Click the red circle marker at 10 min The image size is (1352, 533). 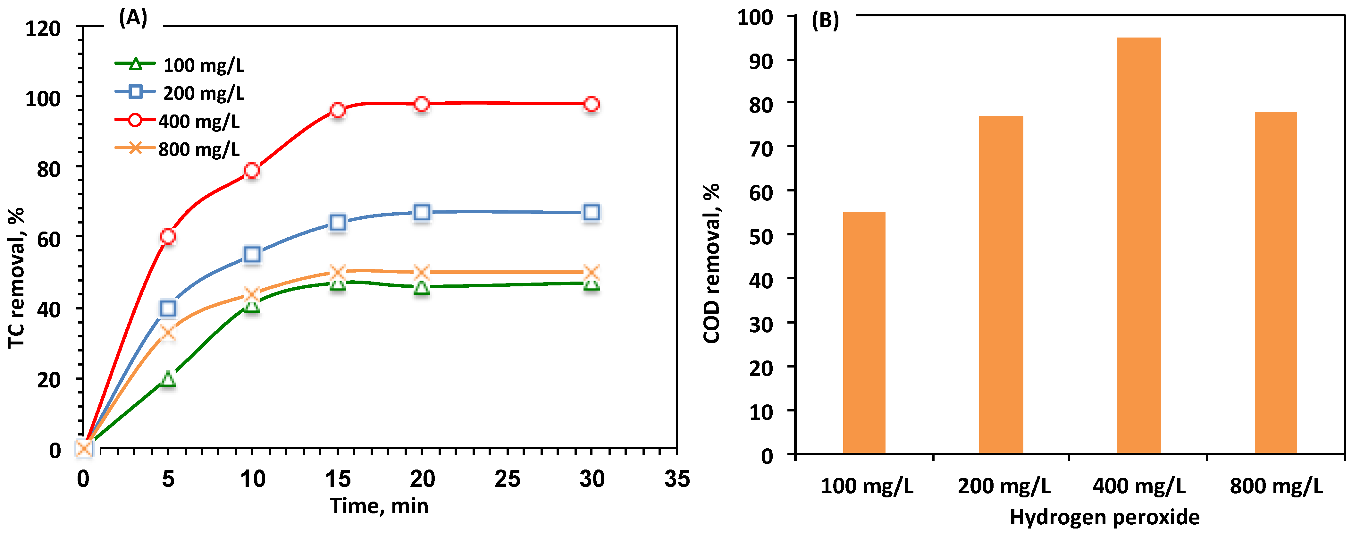click(x=252, y=170)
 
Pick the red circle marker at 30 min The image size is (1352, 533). click(x=592, y=104)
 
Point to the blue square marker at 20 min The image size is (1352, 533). click(x=422, y=212)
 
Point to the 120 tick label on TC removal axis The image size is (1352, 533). click(x=43, y=28)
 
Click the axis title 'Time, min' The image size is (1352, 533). click(x=379, y=506)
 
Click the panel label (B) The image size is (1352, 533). click(x=825, y=21)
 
